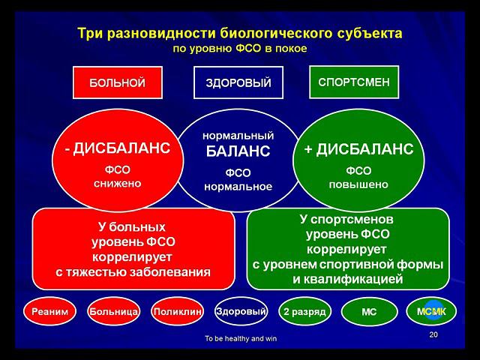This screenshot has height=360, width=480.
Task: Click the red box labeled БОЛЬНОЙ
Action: pos(117,82)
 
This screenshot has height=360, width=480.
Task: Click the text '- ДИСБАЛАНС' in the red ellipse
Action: pos(117,148)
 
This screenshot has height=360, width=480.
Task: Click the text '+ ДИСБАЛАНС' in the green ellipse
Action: pos(358,148)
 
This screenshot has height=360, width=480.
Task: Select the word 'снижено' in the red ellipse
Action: pos(117,183)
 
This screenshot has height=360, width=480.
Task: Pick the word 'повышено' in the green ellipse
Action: pos(358,183)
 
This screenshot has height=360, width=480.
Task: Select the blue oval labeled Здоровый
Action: pos(241,310)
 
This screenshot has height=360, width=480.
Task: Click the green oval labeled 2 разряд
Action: pos(304,311)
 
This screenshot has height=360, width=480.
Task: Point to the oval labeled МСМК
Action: pos(430,311)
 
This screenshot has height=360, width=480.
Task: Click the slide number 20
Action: pos(433,334)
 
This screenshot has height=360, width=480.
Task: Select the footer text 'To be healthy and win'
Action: pos(240,338)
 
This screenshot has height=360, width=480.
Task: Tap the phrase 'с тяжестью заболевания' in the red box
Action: pos(133,271)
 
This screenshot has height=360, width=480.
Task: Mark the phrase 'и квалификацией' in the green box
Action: pos(348,279)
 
